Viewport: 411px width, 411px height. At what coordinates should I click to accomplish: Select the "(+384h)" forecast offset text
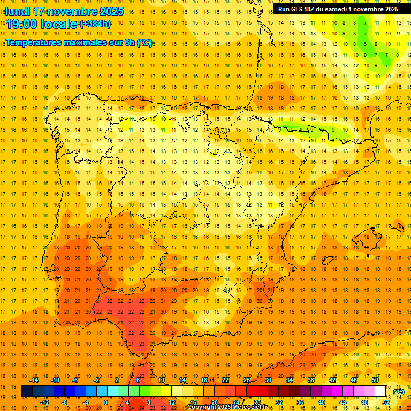(x=95, y=24)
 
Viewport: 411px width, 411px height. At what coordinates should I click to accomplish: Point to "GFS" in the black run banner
(x=298, y=9)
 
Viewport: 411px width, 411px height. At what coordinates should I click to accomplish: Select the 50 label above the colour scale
(x=375, y=380)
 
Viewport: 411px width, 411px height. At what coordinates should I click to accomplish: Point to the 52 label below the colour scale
(x=386, y=402)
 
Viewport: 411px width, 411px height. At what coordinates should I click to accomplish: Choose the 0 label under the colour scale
(x=106, y=402)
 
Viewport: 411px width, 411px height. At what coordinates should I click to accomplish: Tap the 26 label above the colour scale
(x=247, y=380)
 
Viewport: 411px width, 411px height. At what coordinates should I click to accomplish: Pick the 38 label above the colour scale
(x=311, y=380)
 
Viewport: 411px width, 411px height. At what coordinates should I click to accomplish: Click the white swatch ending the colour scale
(x=380, y=391)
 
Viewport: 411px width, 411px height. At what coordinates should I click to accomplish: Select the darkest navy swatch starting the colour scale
(x=27, y=391)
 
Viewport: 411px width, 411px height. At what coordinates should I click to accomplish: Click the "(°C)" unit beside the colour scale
(x=399, y=392)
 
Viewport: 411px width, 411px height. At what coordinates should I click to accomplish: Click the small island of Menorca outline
(x=398, y=227)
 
